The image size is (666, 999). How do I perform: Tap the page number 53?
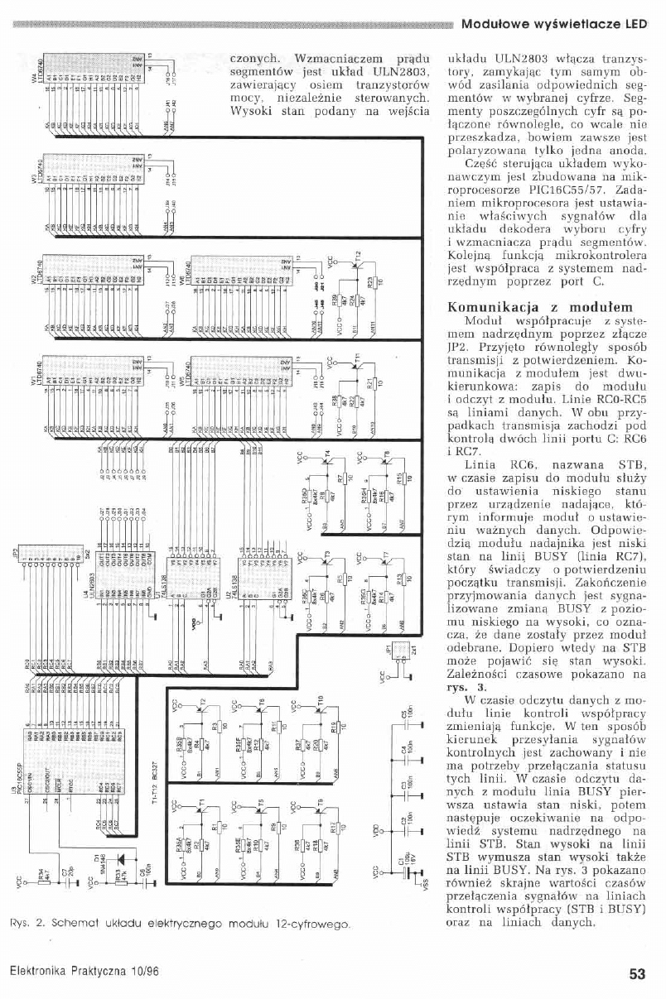(x=636, y=973)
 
